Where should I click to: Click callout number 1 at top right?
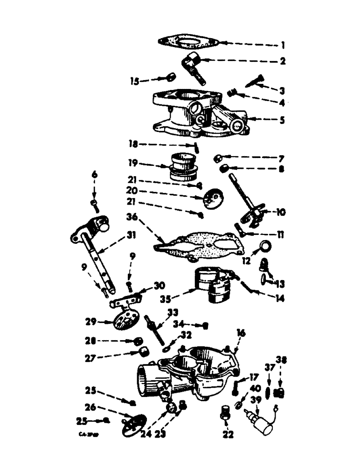[283, 46]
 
